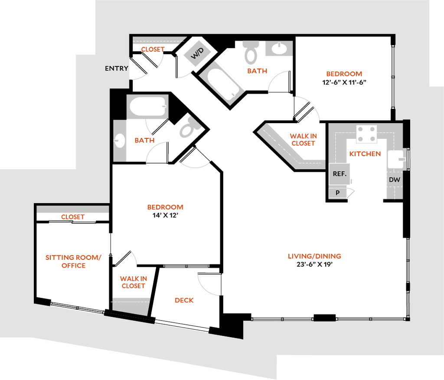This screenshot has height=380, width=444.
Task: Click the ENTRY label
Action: (116, 68)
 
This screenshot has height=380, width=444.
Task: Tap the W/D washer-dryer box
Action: (198, 53)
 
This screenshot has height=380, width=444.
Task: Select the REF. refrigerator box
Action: (339, 174)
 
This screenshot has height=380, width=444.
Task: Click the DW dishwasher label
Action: (395, 180)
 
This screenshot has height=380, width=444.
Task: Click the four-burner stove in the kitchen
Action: (366, 134)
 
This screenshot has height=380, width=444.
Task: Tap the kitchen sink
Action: (396, 159)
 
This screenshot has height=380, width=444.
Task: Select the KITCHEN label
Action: (365, 154)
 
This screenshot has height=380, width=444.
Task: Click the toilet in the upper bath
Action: (251, 53)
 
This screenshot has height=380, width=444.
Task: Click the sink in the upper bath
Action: (279, 48)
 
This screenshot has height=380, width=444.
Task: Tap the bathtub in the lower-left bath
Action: (147, 107)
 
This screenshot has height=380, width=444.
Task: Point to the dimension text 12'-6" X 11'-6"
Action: (344, 82)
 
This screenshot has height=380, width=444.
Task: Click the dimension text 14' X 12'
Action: (165, 215)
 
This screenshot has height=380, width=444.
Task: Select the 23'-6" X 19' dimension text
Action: (314, 264)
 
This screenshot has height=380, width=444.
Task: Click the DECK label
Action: (184, 300)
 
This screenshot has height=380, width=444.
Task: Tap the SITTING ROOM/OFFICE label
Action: (73, 262)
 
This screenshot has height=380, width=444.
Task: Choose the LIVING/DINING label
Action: (314, 256)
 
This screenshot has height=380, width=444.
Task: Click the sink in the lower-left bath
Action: (120, 141)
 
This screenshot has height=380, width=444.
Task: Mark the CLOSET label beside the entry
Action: (153, 49)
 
